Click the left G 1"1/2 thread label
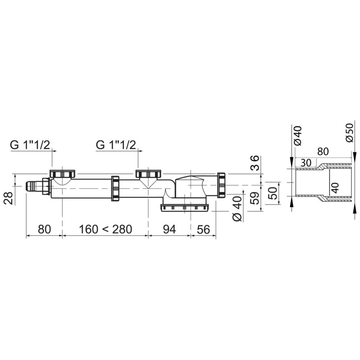point(30,145)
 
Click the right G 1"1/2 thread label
point(116,145)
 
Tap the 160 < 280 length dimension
point(105,229)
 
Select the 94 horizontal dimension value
point(169,229)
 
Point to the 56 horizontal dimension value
point(204,229)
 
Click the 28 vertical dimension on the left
point(9,198)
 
